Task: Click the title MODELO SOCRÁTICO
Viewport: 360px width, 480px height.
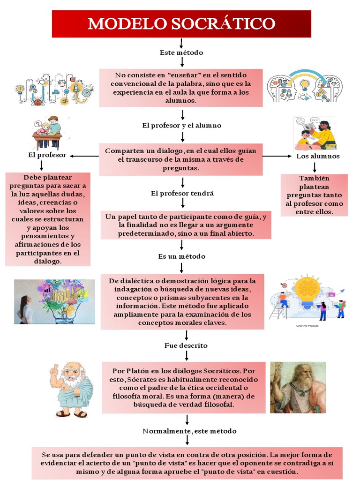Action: pyautogui.click(x=181, y=23)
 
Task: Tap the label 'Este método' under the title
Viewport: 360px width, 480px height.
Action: pyautogui.click(x=181, y=52)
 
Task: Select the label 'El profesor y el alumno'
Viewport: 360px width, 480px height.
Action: pyautogui.click(x=181, y=126)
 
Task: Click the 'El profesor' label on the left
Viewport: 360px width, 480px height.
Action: pyautogui.click(x=47, y=155)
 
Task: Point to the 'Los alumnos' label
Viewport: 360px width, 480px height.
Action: pyautogui.click(x=318, y=156)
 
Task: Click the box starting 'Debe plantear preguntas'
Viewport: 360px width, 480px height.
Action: pyautogui.click(x=47, y=219)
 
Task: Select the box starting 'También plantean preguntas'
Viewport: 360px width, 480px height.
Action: pyautogui.click(x=314, y=195)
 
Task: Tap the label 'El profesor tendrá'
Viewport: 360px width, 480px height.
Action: pyautogui.click(x=182, y=193)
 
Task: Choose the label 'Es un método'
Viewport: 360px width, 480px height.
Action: pyautogui.click(x=181, y=256)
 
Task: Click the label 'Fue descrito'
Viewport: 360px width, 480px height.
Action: pyautogui.click(x=186, y=345)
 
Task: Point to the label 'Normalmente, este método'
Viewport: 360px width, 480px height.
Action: pyautogui.click(x=189, y=431)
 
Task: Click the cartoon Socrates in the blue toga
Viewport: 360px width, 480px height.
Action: pyautogui.click(x=71, y=389)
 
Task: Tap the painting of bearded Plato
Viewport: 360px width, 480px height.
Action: pyautogui.click(x=298, y=387)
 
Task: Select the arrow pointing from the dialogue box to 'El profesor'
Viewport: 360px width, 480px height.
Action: pyautogui.click(x=84, y=156)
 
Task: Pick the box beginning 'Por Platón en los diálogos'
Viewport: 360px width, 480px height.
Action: pyautogui.click(x=183, y=387)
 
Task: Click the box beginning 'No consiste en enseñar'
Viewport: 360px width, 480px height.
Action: pyautogui.click(x=180, y=88)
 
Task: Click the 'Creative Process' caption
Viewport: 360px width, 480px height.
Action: pyautogui.click(x=307, y=326)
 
